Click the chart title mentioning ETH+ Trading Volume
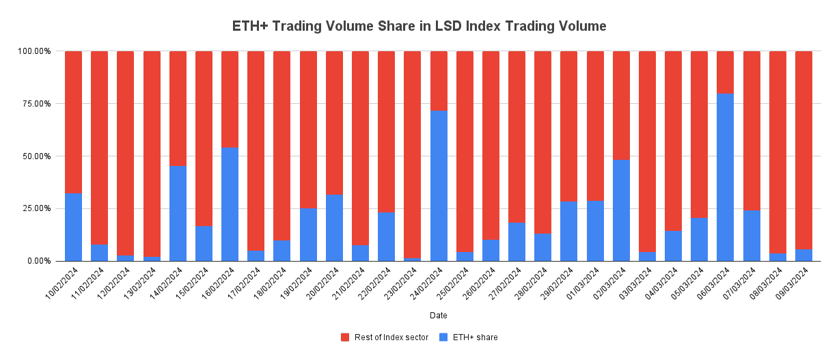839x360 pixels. (419, 27)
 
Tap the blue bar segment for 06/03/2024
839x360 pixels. (725, 177)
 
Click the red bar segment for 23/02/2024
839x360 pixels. (412, 154)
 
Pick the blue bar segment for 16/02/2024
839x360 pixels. (230, 204)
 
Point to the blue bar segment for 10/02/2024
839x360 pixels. (73, 227)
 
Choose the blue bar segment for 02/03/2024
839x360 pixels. (621, 210)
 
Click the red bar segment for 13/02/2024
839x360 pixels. (152, 154)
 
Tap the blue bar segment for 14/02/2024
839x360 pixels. (178, 213)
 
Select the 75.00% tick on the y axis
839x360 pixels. (34, 104)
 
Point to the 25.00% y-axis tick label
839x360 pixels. (34, 208)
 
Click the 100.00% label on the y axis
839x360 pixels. (33, 51)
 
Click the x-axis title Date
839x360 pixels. (439, 316)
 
